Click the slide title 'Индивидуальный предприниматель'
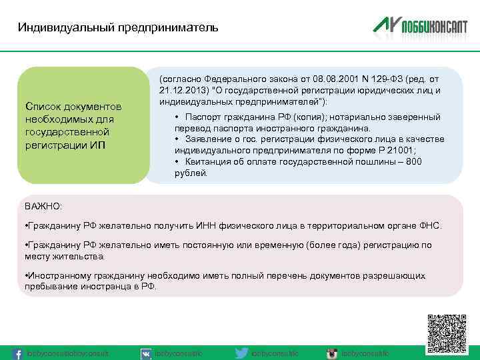pyautogui.click(x=117, y=28)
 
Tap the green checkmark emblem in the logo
pyautogui.click(x=385, y=25)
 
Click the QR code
pyautogui.click(x=447, y=333)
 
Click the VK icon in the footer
pyautogui.click(x=145, y=353)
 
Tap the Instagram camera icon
pyautogui.click(x=331, y=353)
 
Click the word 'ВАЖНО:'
pyautogui.click(x=43, y=207)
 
